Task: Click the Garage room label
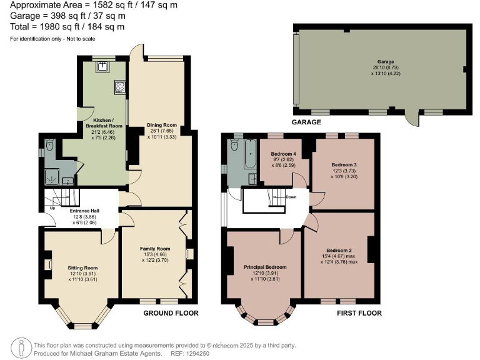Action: click(385, 62)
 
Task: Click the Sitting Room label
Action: click(82, 267)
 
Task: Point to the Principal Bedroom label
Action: click(265, 267)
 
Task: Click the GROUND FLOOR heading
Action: click(171, 313)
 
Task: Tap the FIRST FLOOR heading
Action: click(359, 313)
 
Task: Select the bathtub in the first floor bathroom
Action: click(250, 154)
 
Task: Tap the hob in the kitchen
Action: click(119, 87)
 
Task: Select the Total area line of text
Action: click(67, 27)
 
